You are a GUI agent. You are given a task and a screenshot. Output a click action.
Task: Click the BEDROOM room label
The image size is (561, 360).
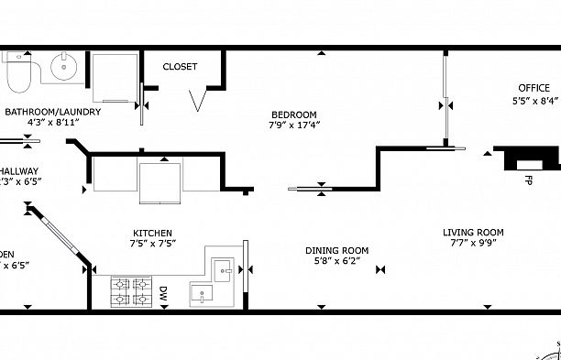[x=293, y=115]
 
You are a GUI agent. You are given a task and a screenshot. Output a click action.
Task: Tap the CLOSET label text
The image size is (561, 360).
[x=181, y=67]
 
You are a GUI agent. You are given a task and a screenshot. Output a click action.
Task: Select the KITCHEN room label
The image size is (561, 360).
[x=152, y=234]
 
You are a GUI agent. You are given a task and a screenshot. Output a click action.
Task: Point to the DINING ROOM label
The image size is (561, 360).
[x=336, y=250]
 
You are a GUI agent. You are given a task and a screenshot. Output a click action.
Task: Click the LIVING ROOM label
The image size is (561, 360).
[x=473, y=233]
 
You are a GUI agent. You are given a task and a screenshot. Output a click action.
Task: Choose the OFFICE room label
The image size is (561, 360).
[x=533, y=89]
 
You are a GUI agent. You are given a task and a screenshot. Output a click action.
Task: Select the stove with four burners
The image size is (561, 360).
[x=131, y=291]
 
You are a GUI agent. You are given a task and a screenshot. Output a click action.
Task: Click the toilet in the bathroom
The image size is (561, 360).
[x=17, y=74]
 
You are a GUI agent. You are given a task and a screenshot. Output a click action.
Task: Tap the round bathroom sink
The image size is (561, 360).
[x=64, y=67]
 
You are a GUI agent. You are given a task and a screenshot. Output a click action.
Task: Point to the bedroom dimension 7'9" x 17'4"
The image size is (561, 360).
[x=293, y=125]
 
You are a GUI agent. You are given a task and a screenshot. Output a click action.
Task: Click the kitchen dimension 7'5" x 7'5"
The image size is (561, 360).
[x=152, y=244]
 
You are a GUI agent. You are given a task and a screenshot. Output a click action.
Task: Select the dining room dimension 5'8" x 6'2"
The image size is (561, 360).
[x=336, y=260]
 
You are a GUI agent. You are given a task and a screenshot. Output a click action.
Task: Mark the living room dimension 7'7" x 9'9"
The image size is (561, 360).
[x=473, y=243]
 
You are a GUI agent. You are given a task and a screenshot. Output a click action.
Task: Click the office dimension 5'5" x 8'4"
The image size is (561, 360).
[x=535, y=100]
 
